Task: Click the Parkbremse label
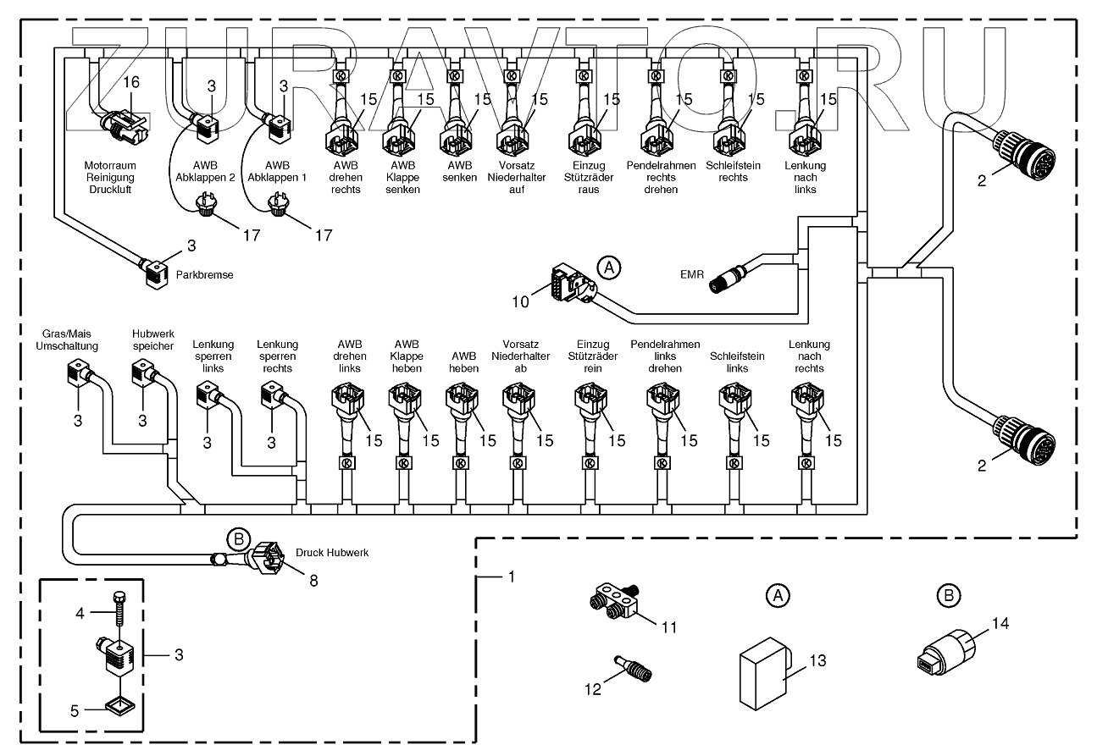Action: [x=204, y=274]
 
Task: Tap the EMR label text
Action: [x=692, y=274]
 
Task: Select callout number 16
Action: [x=131, y=82]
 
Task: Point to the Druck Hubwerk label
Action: [x=332, y=553]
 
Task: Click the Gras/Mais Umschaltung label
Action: [x=67, y=339]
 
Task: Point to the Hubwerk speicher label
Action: [x=152, y=339]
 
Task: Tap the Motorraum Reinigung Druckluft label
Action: [x=109, y=178]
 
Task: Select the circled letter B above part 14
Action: [x=949, y=596]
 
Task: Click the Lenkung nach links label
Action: [x=806, y=178]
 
